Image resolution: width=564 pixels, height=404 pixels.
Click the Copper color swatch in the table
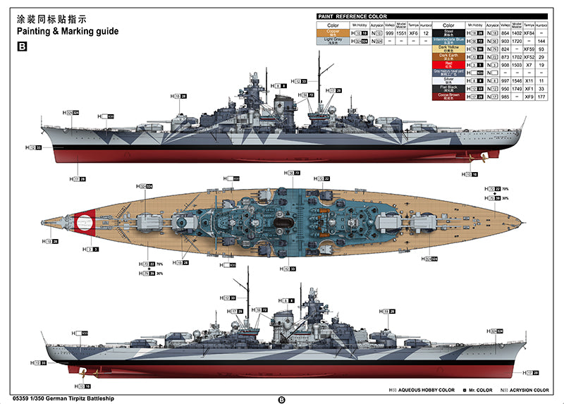point(333,32)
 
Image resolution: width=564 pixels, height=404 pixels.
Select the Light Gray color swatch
point(333,41)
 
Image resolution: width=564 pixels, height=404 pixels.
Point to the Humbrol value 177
point(541,96)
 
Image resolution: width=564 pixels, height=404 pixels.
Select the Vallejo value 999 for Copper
point(387,32)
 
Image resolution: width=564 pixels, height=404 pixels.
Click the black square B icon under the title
point(21,47)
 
